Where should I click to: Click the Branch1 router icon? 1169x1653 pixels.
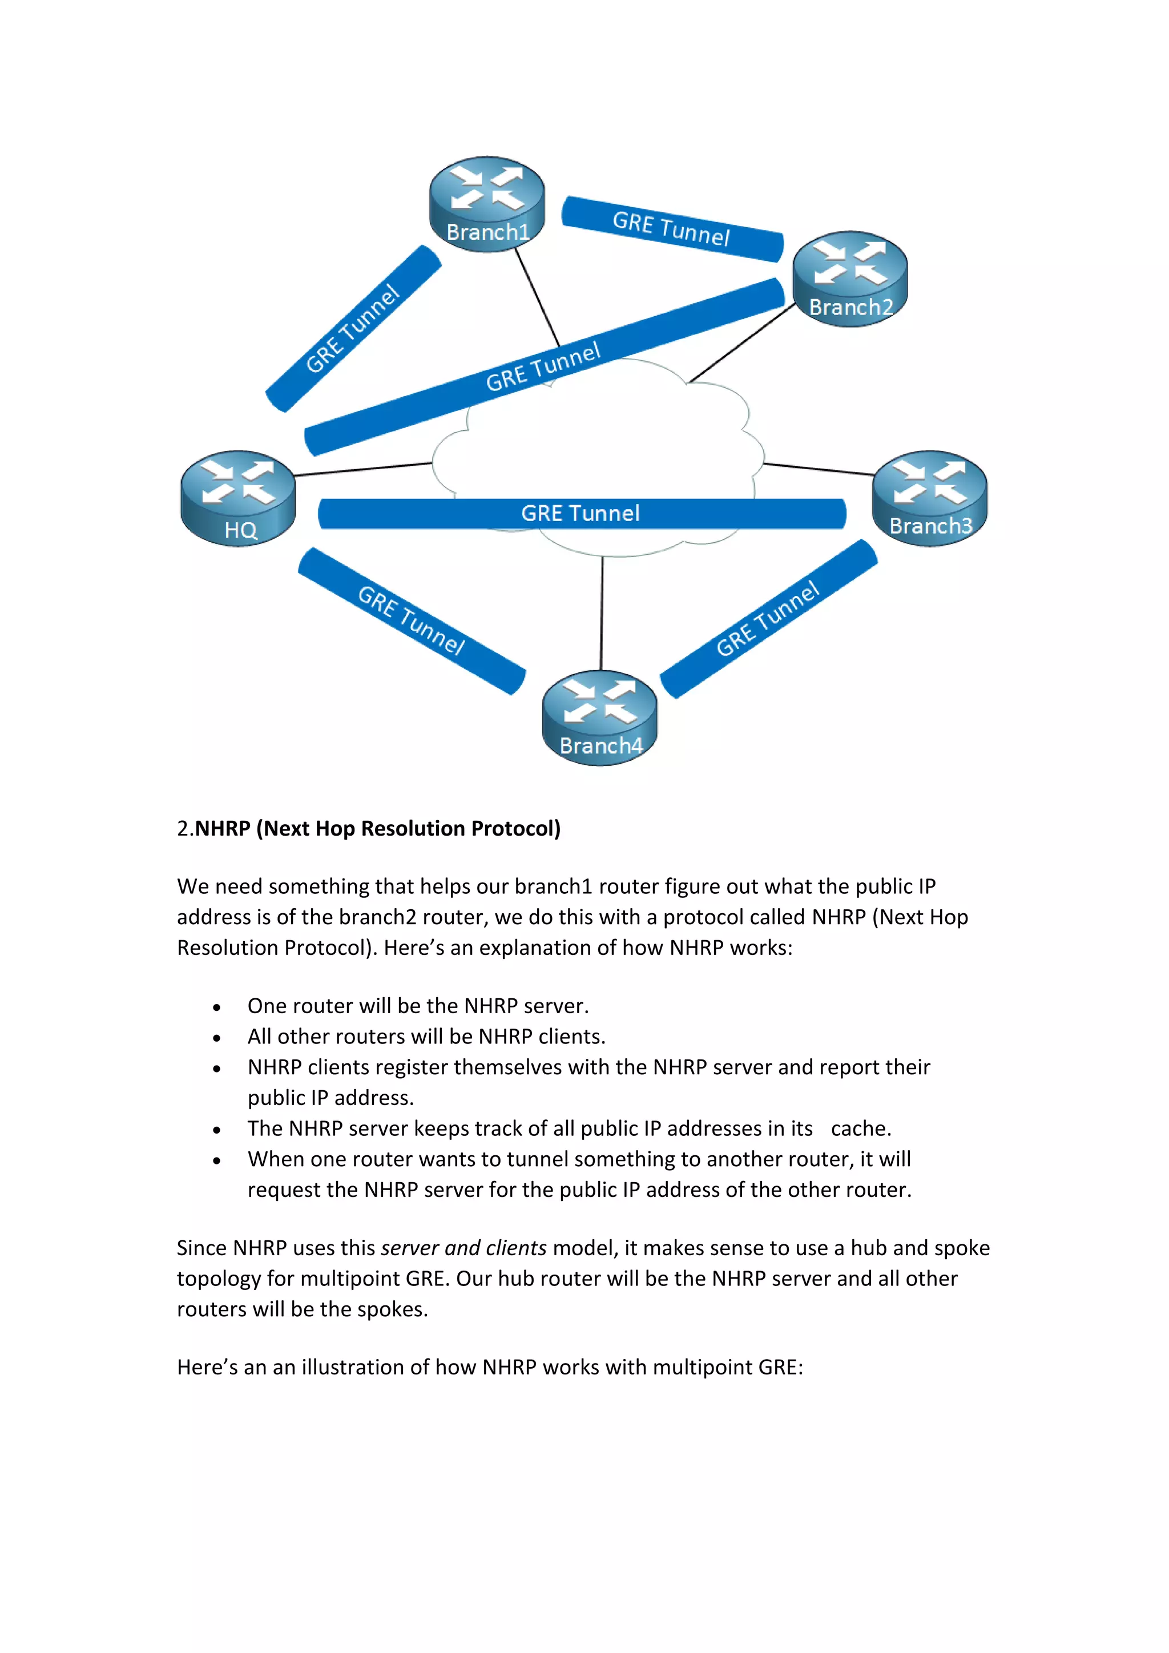[x=486, y=204]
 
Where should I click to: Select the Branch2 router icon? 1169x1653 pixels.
[x=849, y=279]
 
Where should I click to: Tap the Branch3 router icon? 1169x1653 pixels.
[x=929, y=498]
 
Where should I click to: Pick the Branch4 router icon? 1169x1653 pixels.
[x=599, y=718]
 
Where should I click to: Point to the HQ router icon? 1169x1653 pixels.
[x=237, y=498]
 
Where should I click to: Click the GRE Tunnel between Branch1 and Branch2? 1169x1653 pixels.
[x=672, y=228]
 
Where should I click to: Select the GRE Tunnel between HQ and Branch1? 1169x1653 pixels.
[x=353, y=329]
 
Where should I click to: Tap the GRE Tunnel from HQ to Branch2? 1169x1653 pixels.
[x=543, y=367]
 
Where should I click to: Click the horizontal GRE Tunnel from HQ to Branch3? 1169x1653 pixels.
[x=581, y=513]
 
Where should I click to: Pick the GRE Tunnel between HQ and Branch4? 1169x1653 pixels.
[x=412, y=620]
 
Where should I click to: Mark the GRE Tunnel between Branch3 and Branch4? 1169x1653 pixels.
[x=768, y=619]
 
